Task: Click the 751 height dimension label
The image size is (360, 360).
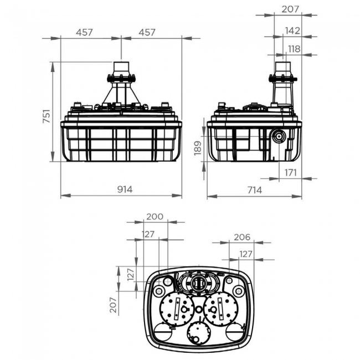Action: (x=47, y=116)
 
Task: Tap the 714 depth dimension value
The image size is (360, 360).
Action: (x=254, y=189)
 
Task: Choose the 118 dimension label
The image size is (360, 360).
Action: (x=294, y=49)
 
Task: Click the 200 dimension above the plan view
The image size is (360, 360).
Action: (x=155, y=217)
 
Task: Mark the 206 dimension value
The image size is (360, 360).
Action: (x=241, y=237)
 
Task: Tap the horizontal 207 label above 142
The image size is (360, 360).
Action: (x=290, y=9)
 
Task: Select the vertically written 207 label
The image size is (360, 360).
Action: (x=113, y=305)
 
